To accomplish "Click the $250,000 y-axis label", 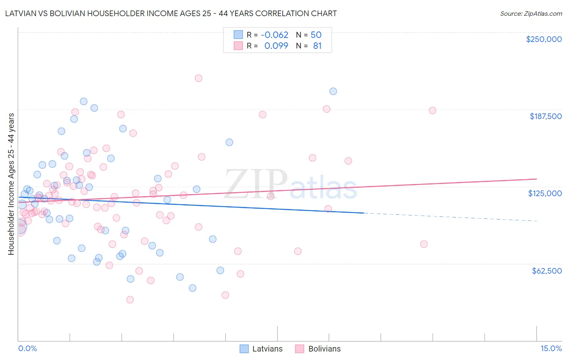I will (x=544, y=39).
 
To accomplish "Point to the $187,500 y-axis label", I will (x=545, y=116).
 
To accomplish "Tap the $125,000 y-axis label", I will (x=545, y=193).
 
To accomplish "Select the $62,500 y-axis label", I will (x=546, y=271).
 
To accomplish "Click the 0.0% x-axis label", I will (x=27, y=348).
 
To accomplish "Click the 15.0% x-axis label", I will (x=551, y=348).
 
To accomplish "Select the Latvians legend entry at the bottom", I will (x=261, y=349).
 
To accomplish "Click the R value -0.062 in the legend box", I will (x=275, y=35).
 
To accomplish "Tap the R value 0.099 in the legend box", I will (x=276, y=46).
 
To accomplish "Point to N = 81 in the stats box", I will (x=309, y=46).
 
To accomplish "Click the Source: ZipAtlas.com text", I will (x=531, y=13).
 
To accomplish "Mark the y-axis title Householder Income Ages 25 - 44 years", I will (x=11, y=184).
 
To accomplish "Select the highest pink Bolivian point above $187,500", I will (x=198, y=78).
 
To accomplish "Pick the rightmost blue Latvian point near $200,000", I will (x=333, y=91).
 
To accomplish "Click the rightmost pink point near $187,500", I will (x=432, y=111).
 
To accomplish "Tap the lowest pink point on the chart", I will (x=130, y=299).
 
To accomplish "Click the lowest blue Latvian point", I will (x=192, y=288).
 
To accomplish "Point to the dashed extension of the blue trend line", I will (x=452, y=217).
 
